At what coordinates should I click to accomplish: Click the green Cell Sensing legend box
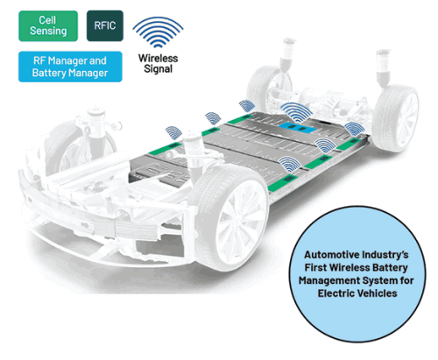pyautogui.click(x=48, y=26)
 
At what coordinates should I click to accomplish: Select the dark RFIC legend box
pyautogui.click(x=105, y=25)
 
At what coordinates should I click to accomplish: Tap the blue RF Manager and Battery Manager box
pyautogui.click(x=70, y=67)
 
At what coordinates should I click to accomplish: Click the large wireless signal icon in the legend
pyautogui.click(x=158, y=32)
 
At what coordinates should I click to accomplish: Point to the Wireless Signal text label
pyautogui.click(x=158, y=63)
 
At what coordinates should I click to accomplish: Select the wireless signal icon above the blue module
pyautogui.click(x=296, y=113)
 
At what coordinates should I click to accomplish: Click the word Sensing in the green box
pyautogui.click(x=48, y=31)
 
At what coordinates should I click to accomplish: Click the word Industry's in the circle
pyautogui.click(x=385, y=255)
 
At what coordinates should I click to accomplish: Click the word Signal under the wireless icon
pyautogui.click(x=158, y=69)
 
